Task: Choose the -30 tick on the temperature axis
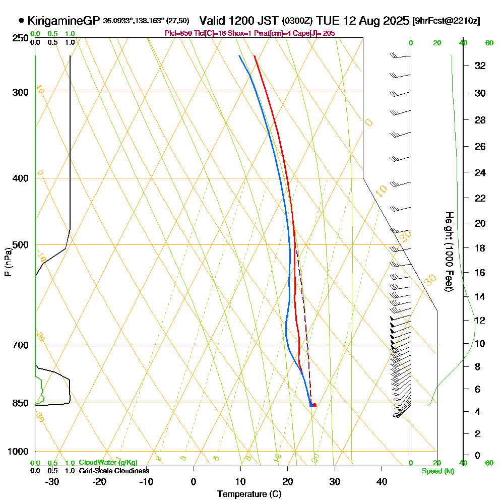pyautogui.click(x=52, y=481)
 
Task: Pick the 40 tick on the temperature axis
pyautogui.click(x=382, y=481)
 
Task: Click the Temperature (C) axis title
pyautogui.click(x=249, y=494)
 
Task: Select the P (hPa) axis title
pyautogui.click(x=8, y=262)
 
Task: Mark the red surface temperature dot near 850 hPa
pyautogui.click(x=314, y=405)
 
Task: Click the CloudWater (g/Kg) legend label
pyautogui.click(x=108, y=463)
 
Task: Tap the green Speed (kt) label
pyautogui.click(x=436, y=471)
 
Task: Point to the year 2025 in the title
pyautogui.click(x=394, y=21)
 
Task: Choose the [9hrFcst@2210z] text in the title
pyautogui.click(x=446, y=21)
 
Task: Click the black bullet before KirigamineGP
pyautogui.click(x=21, y=21)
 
